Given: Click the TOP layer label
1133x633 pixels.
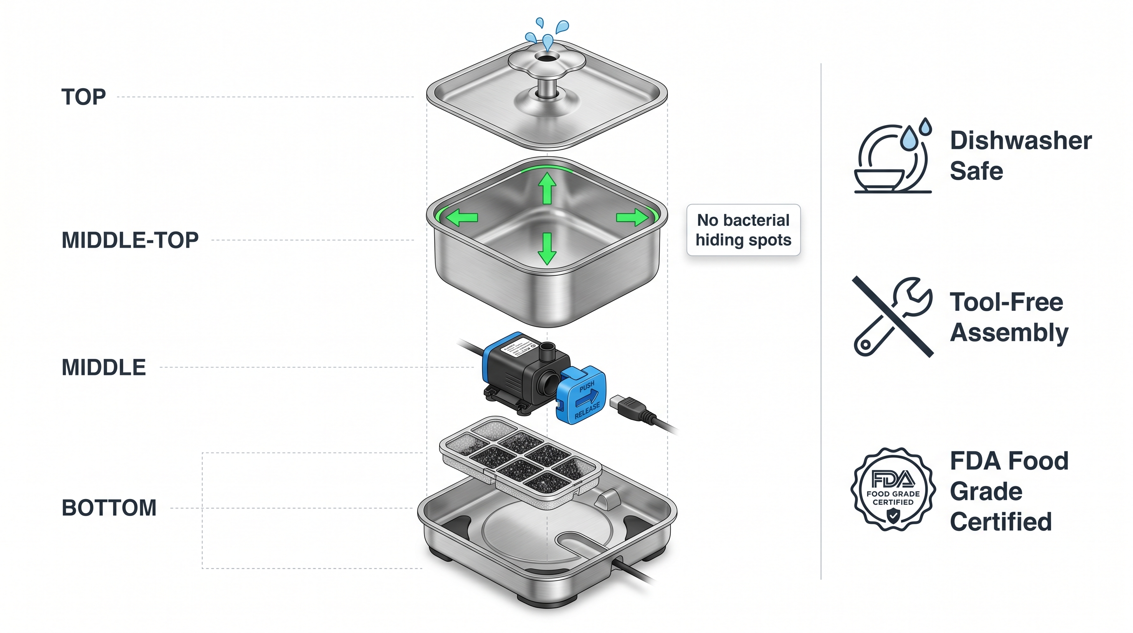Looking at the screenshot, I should point(84,97).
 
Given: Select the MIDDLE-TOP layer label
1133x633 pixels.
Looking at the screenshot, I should point(130,240).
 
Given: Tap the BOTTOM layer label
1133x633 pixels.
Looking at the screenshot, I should point(109,508).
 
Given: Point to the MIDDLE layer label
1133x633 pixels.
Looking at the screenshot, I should point(104,368).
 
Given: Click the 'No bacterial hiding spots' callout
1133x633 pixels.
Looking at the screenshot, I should point(743,230).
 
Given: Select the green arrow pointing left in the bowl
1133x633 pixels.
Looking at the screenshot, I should point(462,218).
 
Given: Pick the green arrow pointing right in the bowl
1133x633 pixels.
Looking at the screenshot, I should point(632,217).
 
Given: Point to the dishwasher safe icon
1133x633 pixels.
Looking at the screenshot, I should point(893,156).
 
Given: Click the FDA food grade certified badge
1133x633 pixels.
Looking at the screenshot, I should point(893,489).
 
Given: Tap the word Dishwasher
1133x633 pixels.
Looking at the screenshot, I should point(1021,141).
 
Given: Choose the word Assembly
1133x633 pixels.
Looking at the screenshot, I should point(1009,332).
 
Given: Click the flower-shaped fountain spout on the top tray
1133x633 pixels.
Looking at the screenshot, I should point(547,62).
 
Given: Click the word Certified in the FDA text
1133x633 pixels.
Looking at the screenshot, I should point(1000,522).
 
